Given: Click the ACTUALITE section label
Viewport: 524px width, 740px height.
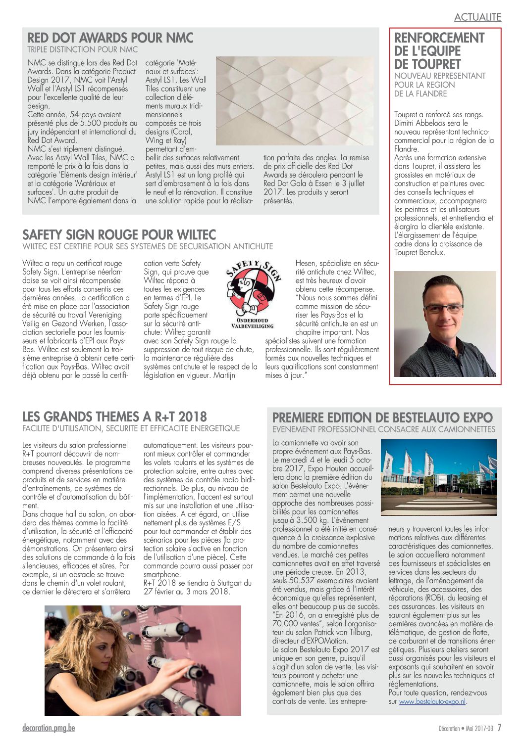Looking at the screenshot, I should pyautogui.click(x=477, y=17).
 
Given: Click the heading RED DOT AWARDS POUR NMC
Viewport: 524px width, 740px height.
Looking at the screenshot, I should pyautogui.click(x=110, y=38).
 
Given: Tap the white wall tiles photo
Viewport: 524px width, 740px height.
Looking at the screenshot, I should pyautogui.click(x=295, y=101).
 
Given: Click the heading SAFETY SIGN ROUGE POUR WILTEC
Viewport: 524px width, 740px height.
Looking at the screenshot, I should pyautogui.click(x=119, y=234).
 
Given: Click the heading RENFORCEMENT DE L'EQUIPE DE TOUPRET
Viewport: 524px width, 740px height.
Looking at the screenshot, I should pyautogui.click(x=439, y=51).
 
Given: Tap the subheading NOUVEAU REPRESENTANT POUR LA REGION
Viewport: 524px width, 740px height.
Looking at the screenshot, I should pyautogui.click(x=439, y=80).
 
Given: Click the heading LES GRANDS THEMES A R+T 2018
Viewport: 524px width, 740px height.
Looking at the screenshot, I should pyautogui.click(x=114, y=416).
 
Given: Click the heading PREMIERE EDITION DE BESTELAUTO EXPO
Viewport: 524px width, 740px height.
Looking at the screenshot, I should pyautogui.click(x=382, y=417).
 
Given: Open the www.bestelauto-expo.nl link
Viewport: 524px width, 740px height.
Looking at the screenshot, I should pyautogui.click(x=432, y=701).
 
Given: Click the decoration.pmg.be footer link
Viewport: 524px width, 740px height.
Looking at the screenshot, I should pyautogui.click(x=49, y=728).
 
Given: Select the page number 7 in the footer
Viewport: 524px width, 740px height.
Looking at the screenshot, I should pyautogui.click(x=499, y=728).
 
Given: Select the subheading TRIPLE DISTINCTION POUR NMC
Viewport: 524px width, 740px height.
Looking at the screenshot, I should pyautogui.click(x=82, y=49).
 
